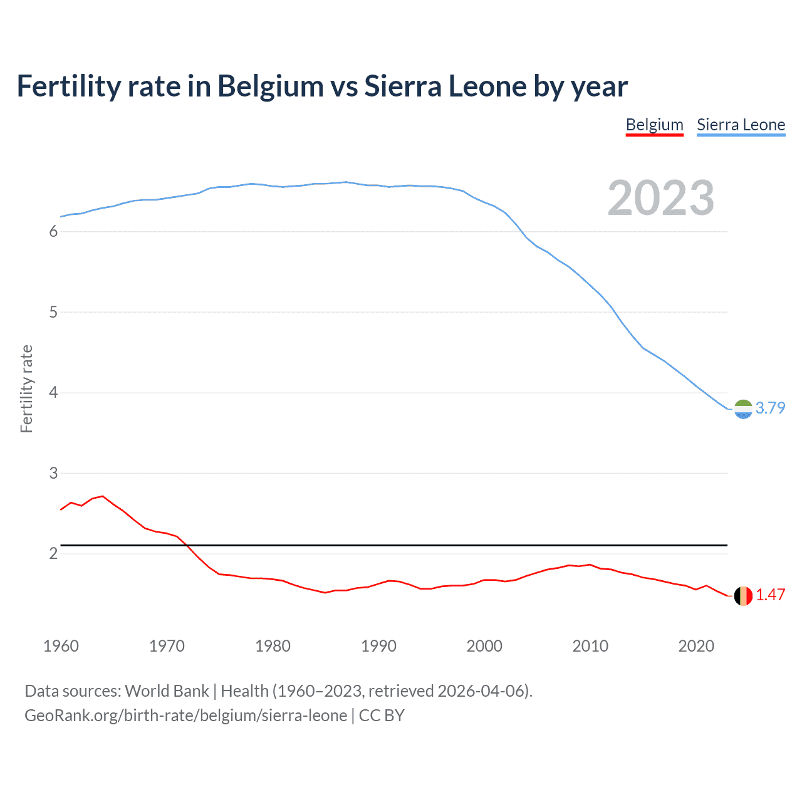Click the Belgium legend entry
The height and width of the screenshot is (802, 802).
click(x=654, y=125)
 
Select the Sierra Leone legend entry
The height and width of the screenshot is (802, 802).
click(x=741, y=125)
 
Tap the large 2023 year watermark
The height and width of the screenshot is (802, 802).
click(x=660, y=198)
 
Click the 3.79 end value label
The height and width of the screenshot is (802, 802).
click(x=770, y=408)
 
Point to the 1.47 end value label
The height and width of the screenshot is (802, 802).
click(x=770, y=595)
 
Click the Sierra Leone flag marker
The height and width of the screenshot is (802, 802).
click(x=743, y=409)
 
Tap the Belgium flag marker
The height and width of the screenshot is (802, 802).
click(x=743, y=596)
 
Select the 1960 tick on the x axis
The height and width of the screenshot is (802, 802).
click(x=61, y=646)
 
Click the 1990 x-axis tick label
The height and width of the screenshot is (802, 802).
click(x=378, y=646)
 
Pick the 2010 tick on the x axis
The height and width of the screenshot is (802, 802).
click(x=590, y=646)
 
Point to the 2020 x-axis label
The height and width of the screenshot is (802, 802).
click(x=696, y=646)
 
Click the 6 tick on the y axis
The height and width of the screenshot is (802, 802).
click(x=53, y=232)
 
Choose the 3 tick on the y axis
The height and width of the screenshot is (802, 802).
click(x=53, y=474)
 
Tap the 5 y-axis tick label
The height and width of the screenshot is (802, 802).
click(x=53, y=313)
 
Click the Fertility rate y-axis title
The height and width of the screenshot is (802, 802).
click(x=26, y=388)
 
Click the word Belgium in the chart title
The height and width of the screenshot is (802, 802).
click(x=270, y=86)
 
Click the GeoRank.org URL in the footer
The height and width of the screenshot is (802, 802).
click(x=185, y=716)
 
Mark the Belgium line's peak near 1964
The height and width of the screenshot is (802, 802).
click(x=103, y=496)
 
